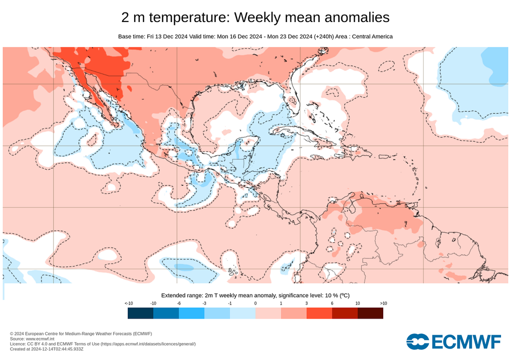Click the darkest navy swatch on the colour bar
click(140, 313)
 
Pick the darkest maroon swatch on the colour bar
click(370, 313)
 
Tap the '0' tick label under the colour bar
click(255, 304)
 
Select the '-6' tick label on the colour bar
click(179, 304)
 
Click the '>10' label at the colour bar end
click(383, 304)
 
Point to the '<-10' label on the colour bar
click(128, 304)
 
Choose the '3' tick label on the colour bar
click(306, 304)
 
